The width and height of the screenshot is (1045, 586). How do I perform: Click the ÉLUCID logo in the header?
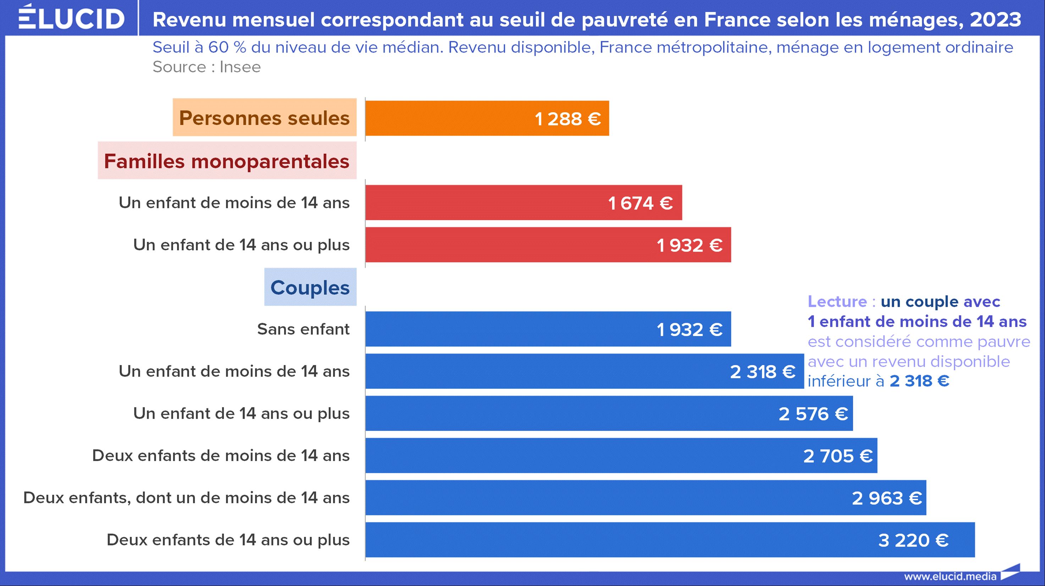coord(71,18)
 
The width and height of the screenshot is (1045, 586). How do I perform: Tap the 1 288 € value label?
coord(568,119)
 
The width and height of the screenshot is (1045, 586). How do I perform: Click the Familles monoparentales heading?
coord(227,161)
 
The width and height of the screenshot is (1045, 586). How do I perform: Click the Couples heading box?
coord(310,287)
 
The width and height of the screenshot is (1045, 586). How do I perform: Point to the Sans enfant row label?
coord(303,329)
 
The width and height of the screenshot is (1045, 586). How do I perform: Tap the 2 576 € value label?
coord(813,414)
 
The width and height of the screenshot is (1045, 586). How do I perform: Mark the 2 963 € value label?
coord(887,498)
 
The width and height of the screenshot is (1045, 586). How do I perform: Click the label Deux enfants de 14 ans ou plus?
coord(228,540)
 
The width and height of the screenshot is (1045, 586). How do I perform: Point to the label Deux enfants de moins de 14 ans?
coord(221,456)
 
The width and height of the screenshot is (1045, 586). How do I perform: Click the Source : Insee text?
coord(206,67)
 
